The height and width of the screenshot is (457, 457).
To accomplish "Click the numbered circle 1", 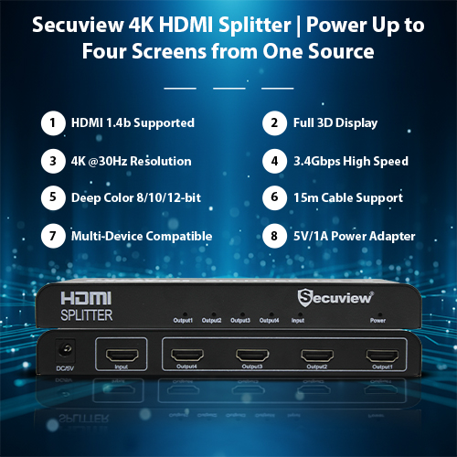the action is [53, 123].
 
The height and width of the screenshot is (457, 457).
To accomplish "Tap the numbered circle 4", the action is [274, 161].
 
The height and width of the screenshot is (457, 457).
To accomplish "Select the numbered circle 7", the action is [53, 236].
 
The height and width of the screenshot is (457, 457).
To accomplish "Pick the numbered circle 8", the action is [274, 236].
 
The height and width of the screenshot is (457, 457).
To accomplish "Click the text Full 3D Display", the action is [335, 123].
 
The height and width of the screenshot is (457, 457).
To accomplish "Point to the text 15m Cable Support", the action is [348, 198].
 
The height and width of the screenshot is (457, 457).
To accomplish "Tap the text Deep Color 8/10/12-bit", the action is [136, 198].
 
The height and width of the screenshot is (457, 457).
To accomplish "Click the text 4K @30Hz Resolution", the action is [132, 161].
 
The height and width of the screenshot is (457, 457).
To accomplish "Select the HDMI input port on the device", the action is [122, 356].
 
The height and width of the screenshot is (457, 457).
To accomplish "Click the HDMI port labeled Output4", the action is [187, 356].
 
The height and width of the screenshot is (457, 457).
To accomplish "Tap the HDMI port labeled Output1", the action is [382, 356].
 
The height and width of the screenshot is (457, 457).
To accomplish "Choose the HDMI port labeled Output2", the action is [317, 356].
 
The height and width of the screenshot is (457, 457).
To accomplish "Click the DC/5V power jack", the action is [66, 349].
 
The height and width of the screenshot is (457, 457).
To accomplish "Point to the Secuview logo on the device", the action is [335, 297].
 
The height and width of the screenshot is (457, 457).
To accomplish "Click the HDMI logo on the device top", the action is [86, 298].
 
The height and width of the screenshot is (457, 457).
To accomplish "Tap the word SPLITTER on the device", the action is [87, 315].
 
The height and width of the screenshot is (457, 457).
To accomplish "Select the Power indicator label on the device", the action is [377, 321].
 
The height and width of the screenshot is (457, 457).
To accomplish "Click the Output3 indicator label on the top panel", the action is [240, 321].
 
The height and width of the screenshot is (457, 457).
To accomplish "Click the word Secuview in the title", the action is [78, 25].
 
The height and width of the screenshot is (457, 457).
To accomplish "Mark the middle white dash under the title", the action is [229, 89].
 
